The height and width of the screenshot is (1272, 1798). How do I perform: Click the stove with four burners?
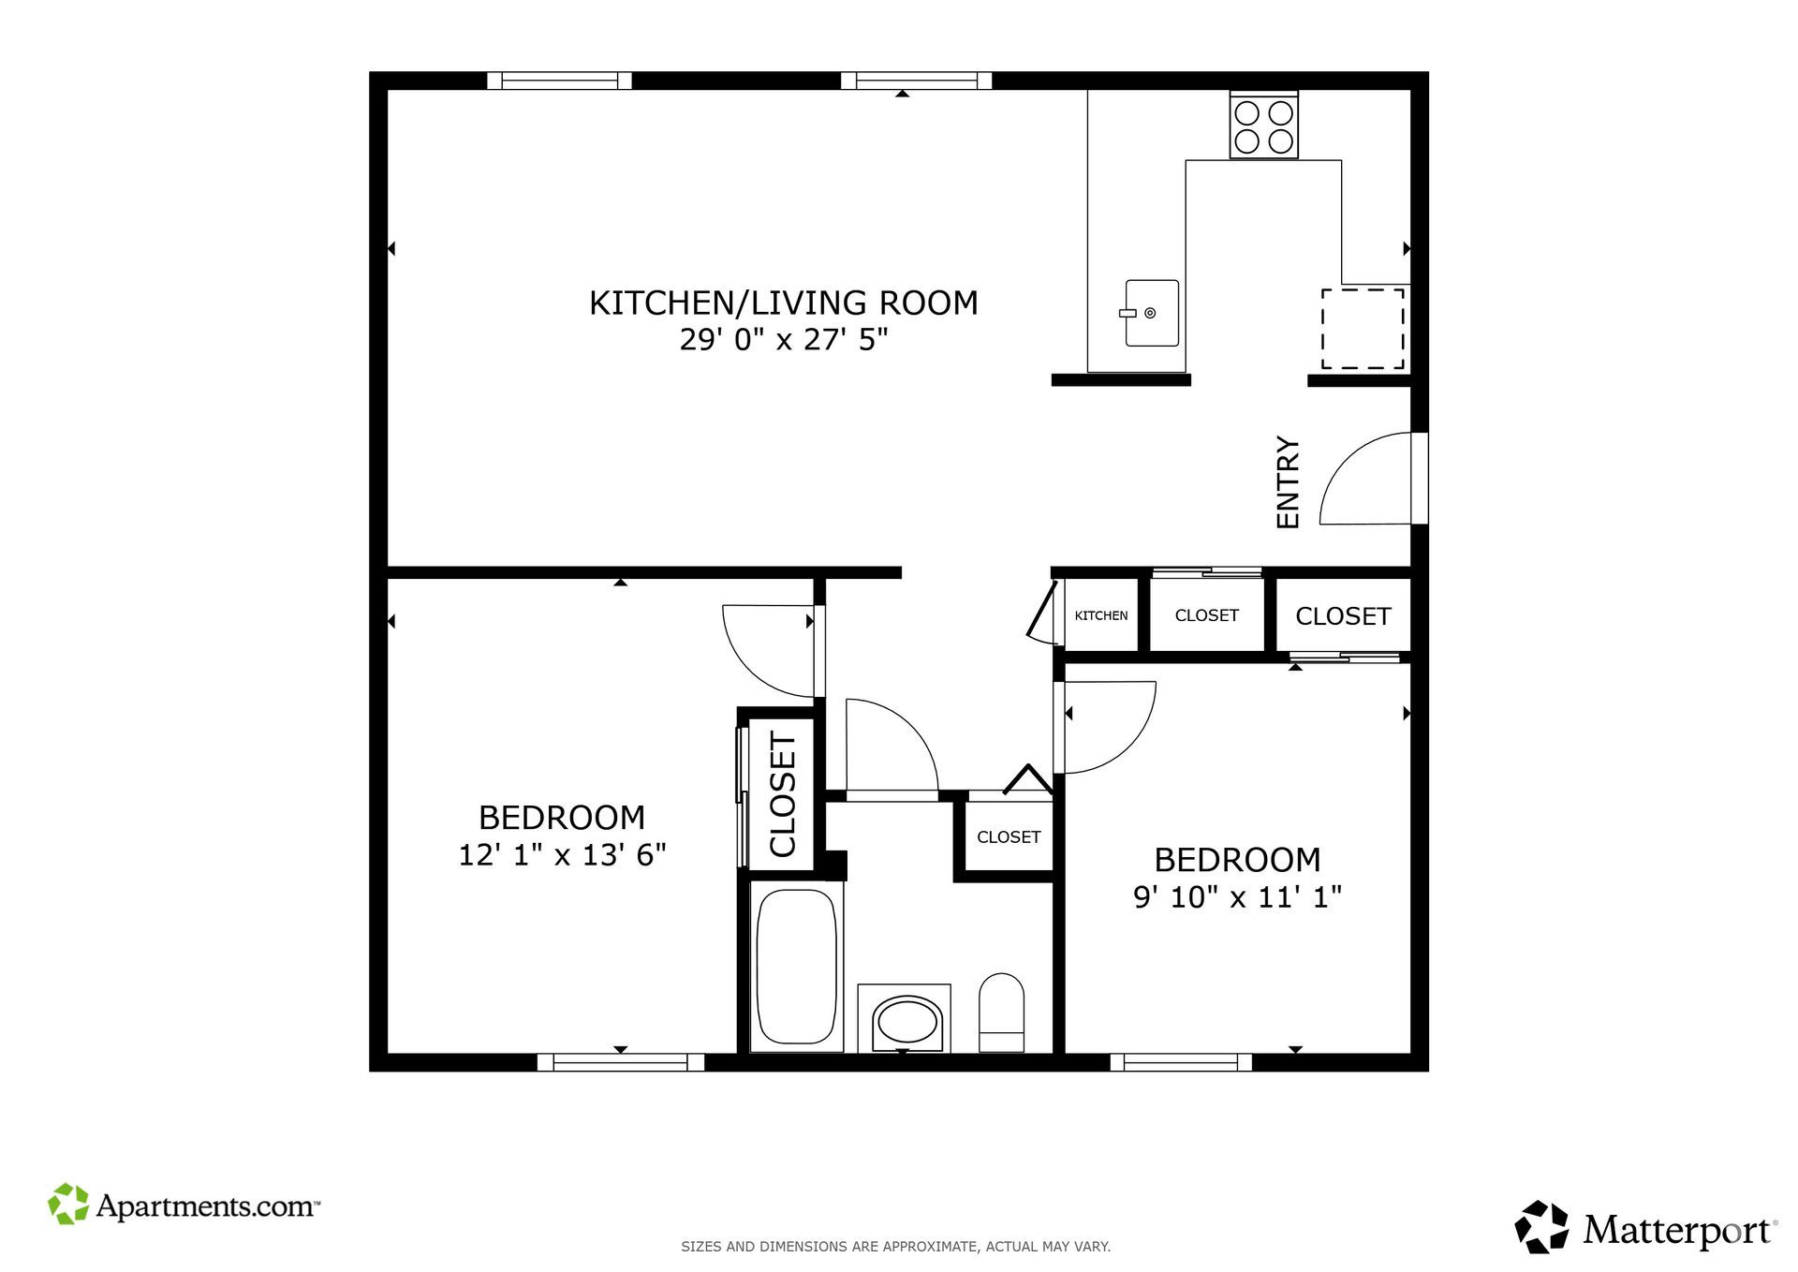pyautogui.click(x=1263, y=126)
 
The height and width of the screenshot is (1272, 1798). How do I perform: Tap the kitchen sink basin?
pyautogui.click(x=1152, y=313)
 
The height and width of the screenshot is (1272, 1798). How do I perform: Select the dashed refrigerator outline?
pyautogui.click(x=1363, y=329)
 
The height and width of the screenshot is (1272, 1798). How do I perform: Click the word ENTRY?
pyautogui.click(x=1289, y=482)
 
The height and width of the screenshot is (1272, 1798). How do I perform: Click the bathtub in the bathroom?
pyautogui.click(x=796, y=967)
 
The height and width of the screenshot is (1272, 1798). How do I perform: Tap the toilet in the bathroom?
pyautogui.click(x=1001, y=1013)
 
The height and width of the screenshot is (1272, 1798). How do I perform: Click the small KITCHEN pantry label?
pyautogui.click(x=1101, y=615)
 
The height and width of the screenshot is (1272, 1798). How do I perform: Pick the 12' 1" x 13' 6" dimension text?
pyautogui.click(x=562, y=855)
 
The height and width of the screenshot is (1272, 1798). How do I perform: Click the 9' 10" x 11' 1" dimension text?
pyautogui.click(x=1238, y=897)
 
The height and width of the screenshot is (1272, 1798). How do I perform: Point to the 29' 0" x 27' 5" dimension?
pyautogui.click(x=784, y=339)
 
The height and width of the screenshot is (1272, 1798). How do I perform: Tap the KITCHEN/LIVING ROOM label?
pyautogui.click(x=784, y=303)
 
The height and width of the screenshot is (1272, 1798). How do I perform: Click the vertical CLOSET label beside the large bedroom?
pyautogui.click(x=783, y=794)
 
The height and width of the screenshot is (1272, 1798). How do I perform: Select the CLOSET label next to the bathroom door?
pyautogui.click(x=1009, y=837)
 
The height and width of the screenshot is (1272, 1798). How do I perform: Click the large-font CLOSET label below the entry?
pyautogui.click(x=1343, y=616)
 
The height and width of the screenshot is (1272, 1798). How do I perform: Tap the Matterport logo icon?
pyautogui.click(x=1541, y=1226)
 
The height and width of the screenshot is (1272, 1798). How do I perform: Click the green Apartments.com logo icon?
pyautogui.click(x=68, y=1204)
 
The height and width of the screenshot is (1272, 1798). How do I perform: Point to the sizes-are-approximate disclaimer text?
pyautogui.click(x=895, y=1247)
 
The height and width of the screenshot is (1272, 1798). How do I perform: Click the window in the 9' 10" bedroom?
pyautogui.click(x=1181, y=1062)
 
